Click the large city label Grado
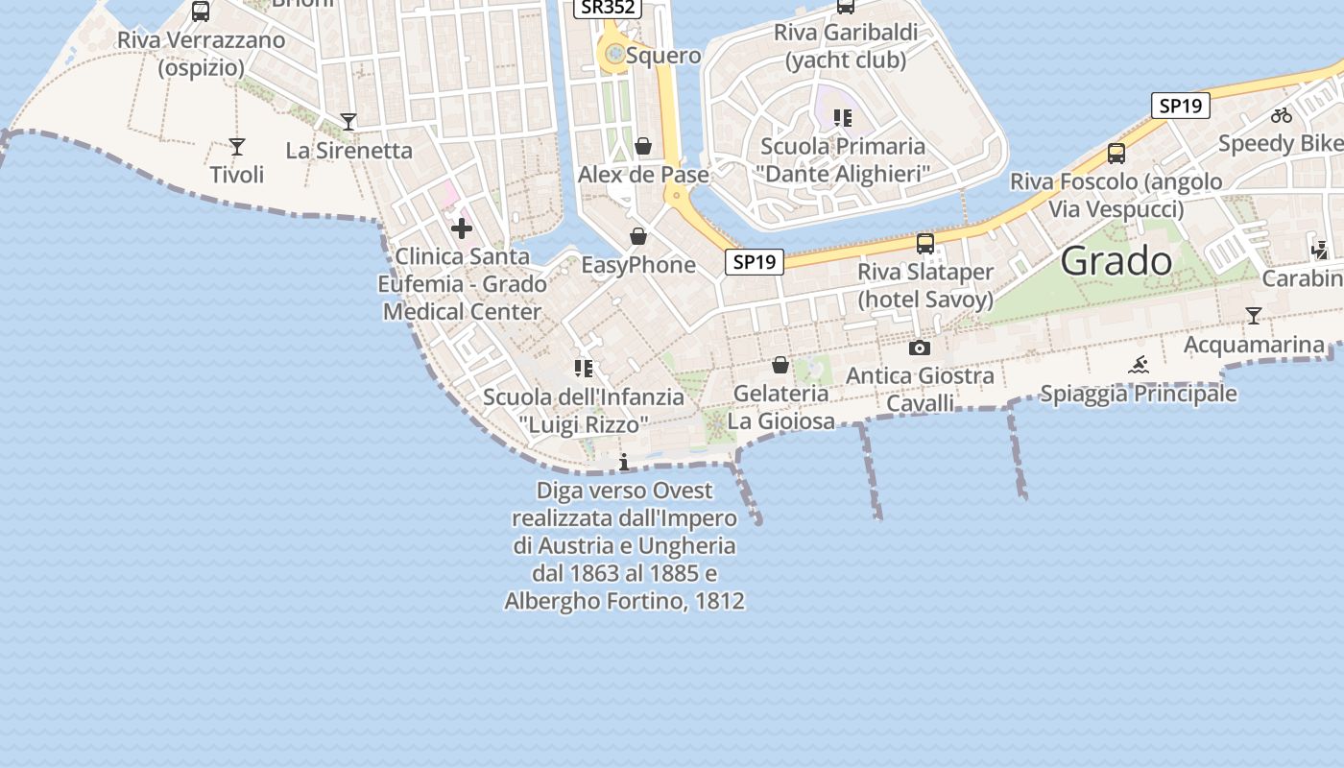click(x=1117, y=261)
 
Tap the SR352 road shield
click(x=608, y=7)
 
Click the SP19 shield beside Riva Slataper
click(x=755, y=261)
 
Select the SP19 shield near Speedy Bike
click(x=1180, y=106)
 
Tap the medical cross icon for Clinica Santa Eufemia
click(x=462, y=228)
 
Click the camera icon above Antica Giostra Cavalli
click(x=920, y=348)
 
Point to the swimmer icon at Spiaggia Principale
click(x=1139, y=365)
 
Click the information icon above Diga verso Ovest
click(x=624, y=463)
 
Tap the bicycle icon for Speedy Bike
click(x=1282, y=115)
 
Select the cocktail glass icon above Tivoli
click(x=237, y=147)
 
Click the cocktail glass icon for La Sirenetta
click(x=348, y=122)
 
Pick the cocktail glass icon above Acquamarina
click(x=1253, y=316)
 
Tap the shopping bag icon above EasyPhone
click(x=638, y=236)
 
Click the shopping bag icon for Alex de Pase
click(x=643, y=146)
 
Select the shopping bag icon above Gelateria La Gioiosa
click(x=780, y=365)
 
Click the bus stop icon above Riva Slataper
click(x=925, y=244)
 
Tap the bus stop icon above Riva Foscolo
click(x=1116, y=154)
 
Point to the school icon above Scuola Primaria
click(x=842, y=118)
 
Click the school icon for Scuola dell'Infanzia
click(x=583, y=368)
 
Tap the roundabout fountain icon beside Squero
click(x=614, y=55)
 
